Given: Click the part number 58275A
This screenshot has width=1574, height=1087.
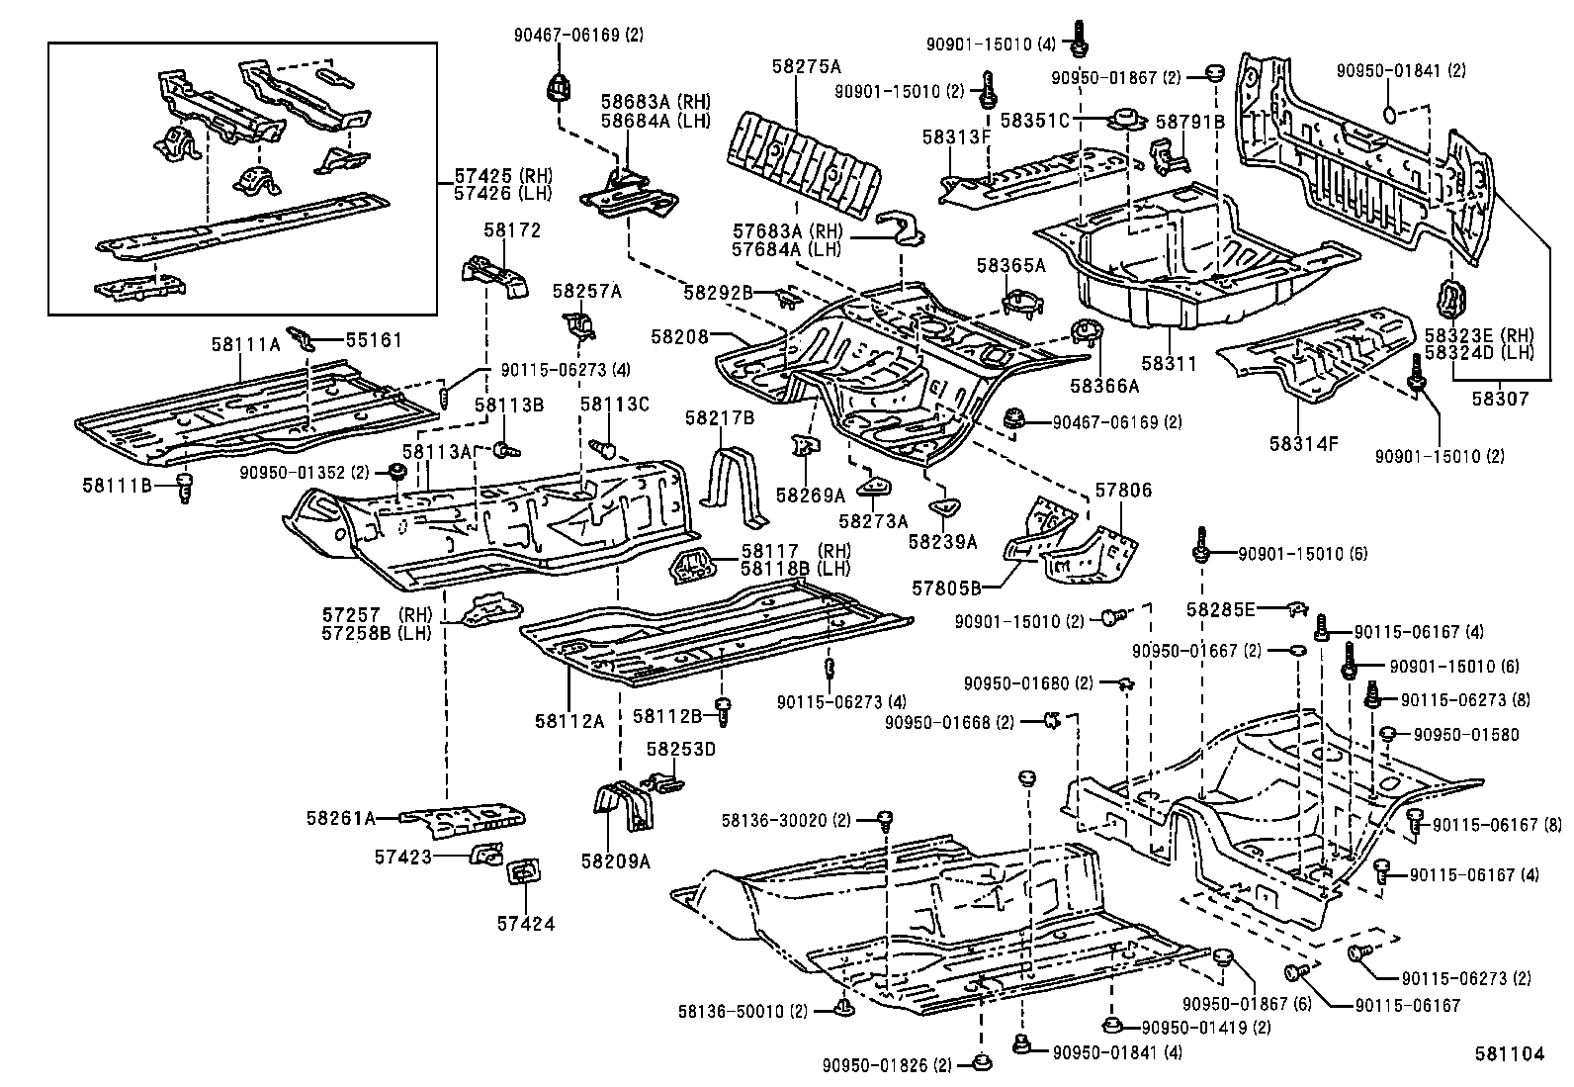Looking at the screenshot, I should pos(806,66).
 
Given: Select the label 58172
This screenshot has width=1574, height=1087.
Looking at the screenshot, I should pos(512,230).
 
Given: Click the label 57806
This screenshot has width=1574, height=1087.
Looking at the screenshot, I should pos(1123,491).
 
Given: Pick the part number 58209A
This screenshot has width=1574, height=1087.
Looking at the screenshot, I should pos(615,861).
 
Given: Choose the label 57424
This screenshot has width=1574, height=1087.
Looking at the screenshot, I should pos(526,924).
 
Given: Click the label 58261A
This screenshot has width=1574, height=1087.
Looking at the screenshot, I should pos(340,818).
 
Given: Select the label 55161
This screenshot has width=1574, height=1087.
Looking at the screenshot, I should pos(374,340).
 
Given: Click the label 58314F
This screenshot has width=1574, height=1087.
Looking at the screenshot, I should pos(1304,443).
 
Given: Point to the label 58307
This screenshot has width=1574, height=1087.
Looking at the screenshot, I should pos(1499,400).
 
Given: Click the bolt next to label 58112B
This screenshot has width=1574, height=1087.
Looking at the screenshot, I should pos(723,708).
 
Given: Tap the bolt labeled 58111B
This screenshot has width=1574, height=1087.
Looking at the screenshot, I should pos(183,486).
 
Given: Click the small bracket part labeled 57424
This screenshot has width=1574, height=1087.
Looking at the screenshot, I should pos(522,871).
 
